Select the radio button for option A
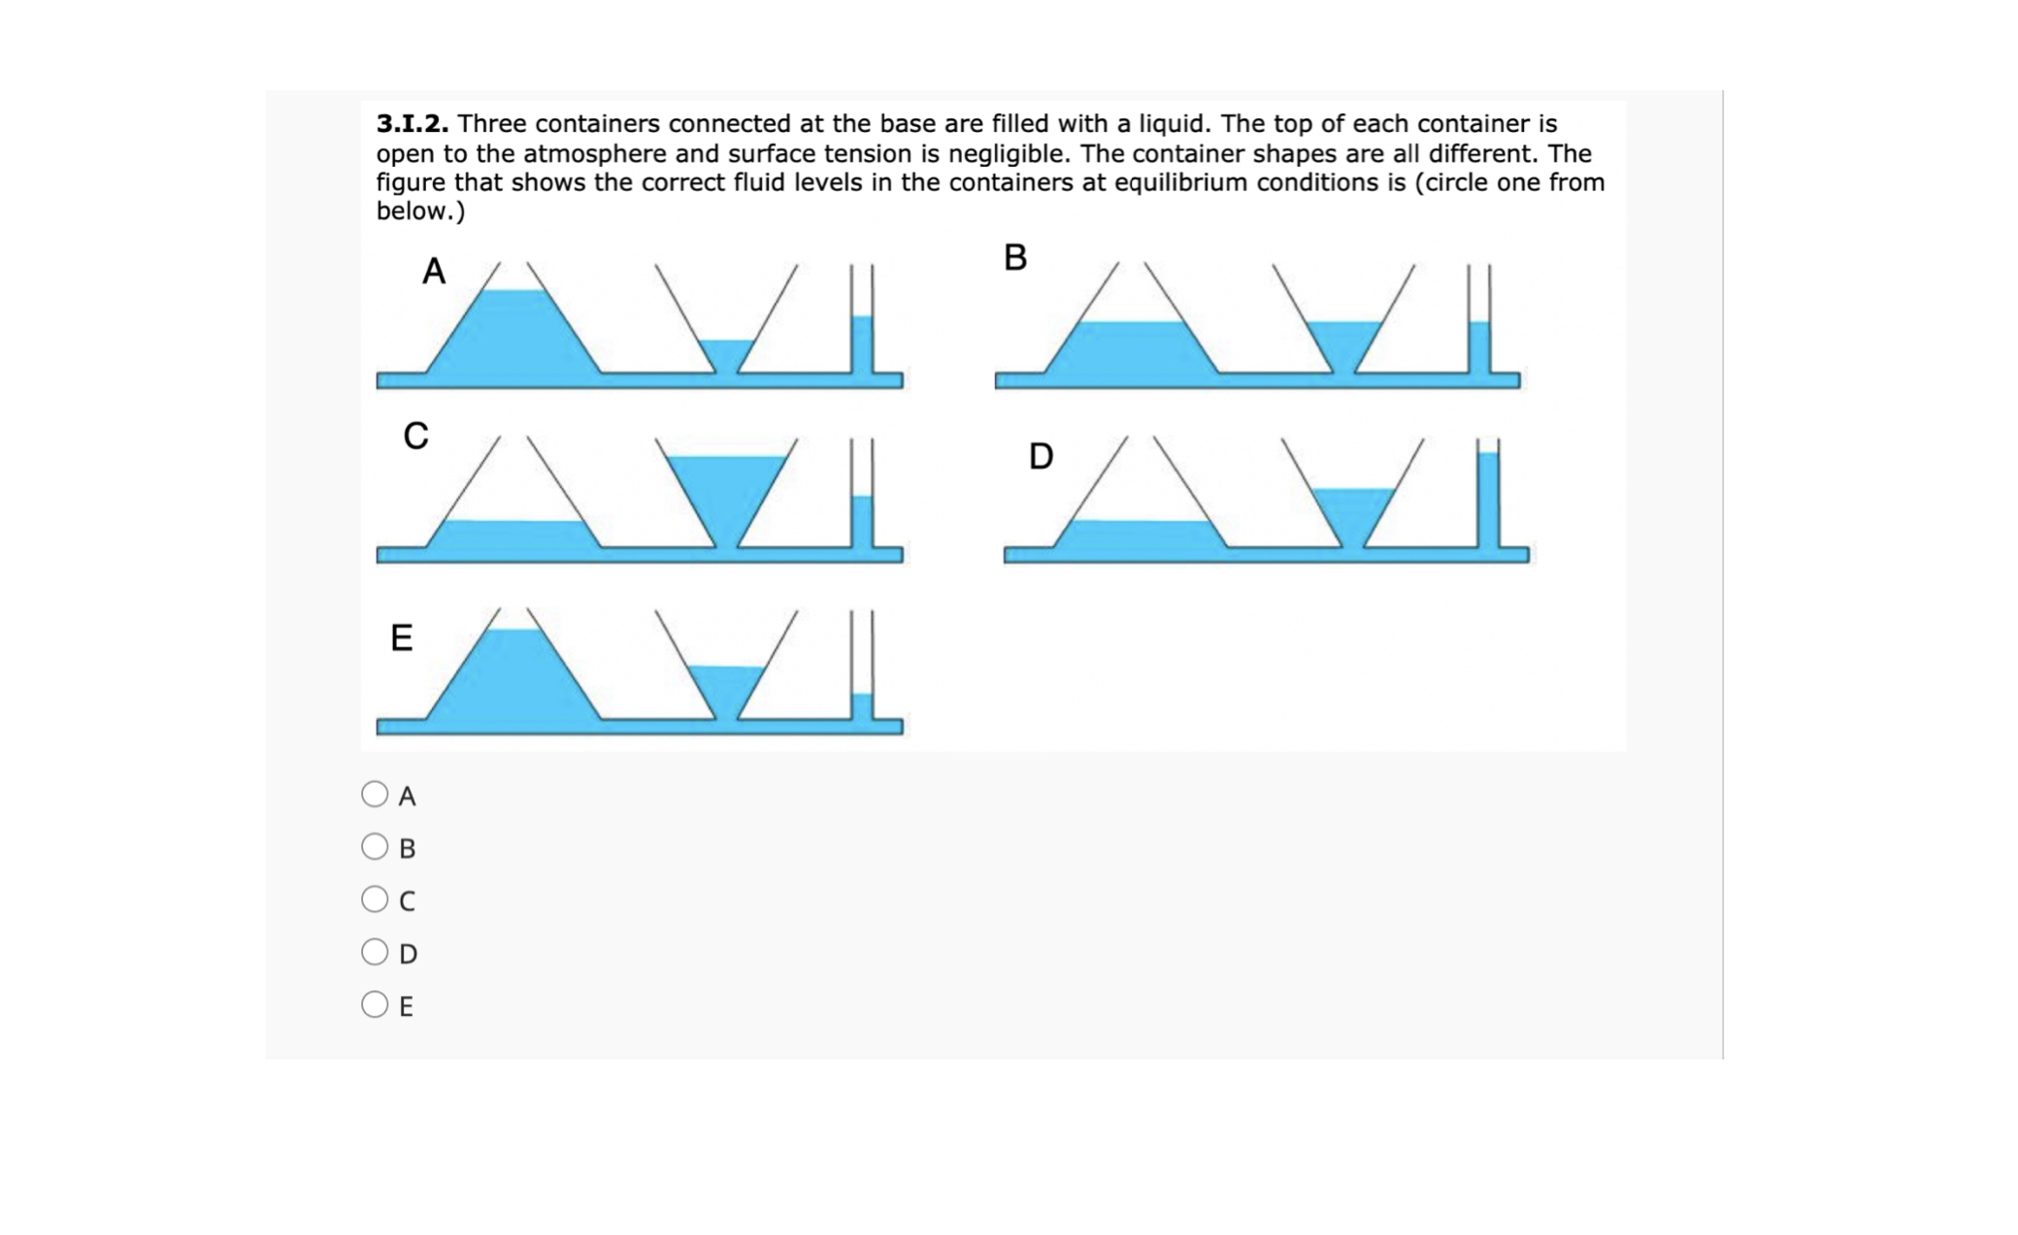coord(375,795)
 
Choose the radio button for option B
coord(375,847)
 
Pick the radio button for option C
coord(375,899)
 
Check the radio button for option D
coord(375,952)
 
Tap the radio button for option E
coord(375,1004)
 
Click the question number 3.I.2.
coord(413,124)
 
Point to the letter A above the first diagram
coord(434,272)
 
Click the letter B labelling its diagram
coord(1015,258)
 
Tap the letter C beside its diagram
coord(415,437)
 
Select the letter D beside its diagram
coord(1041,456)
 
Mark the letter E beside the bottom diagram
coord(401,638)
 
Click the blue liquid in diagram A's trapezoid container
coord(514,335)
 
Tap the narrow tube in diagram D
coord(1488,500)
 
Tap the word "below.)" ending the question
coord(420,211)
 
